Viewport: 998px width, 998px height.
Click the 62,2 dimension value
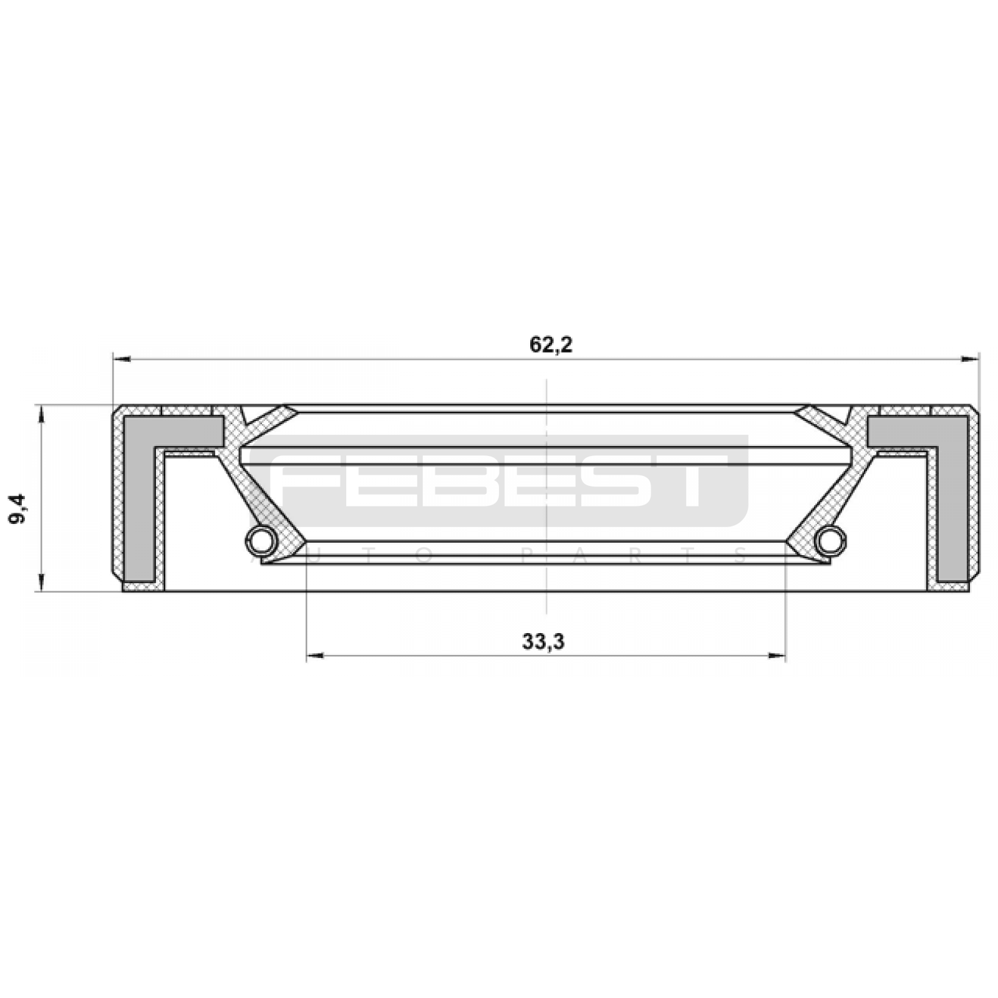pyautogui.click(x=551, y=344)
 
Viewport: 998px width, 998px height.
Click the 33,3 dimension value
pyautogui.click(x=543, y=641)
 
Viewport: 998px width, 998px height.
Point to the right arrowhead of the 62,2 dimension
pyautogui.click(x=970, y=359)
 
